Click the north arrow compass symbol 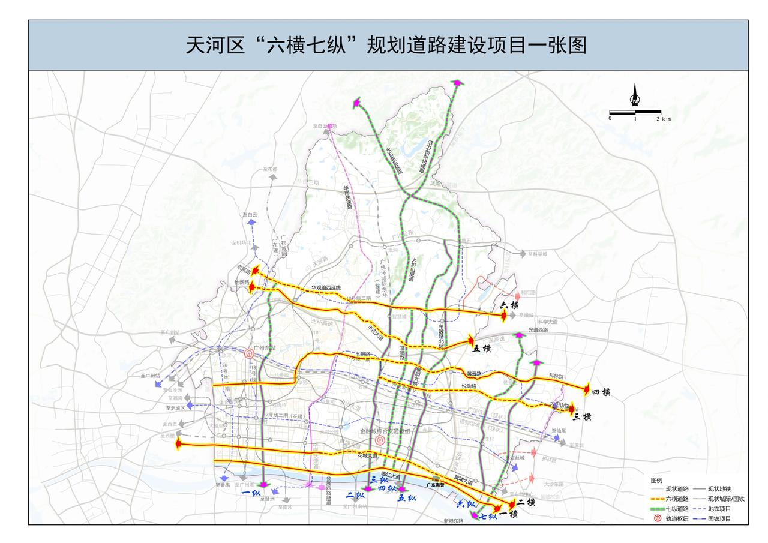(634, 95)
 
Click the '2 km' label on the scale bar (662, 119)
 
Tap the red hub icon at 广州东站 (249, 353)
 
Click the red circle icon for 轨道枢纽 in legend (657, 519)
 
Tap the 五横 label (482, 348)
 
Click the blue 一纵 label (250, 493)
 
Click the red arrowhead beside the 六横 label (505, 315)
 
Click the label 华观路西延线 (326, 288)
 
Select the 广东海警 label (435, 484)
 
